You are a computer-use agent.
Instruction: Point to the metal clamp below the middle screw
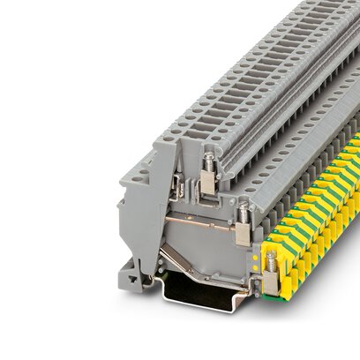pyautogui.click(x=241, y=236)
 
